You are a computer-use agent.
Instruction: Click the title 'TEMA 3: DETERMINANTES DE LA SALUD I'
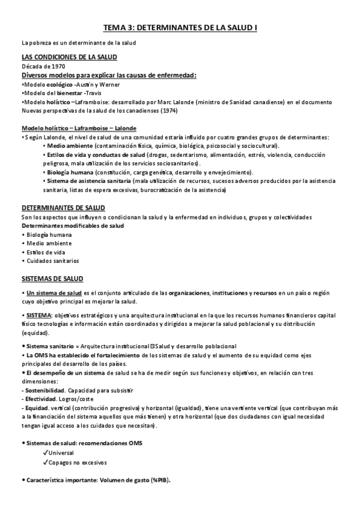pyautogui.click(x=180, y=27)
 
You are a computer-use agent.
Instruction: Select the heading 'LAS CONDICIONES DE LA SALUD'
pyautogui.click(x=69, y=57)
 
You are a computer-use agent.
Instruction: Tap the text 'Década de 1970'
pyautogui.click(x=43, y=66)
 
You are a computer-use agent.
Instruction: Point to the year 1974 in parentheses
pyautogui.click(x=169, y=111)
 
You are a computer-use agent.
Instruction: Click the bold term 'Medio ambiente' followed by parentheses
pyautogui.click(x=70, y=146)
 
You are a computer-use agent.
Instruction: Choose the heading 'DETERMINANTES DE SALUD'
pyautogui.click(x=63, y=207)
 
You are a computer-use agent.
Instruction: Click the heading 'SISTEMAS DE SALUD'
pyautogui.click(x=52, y=279)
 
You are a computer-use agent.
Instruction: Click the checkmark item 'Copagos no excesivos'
pyautogui.click(x=78, y=462)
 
